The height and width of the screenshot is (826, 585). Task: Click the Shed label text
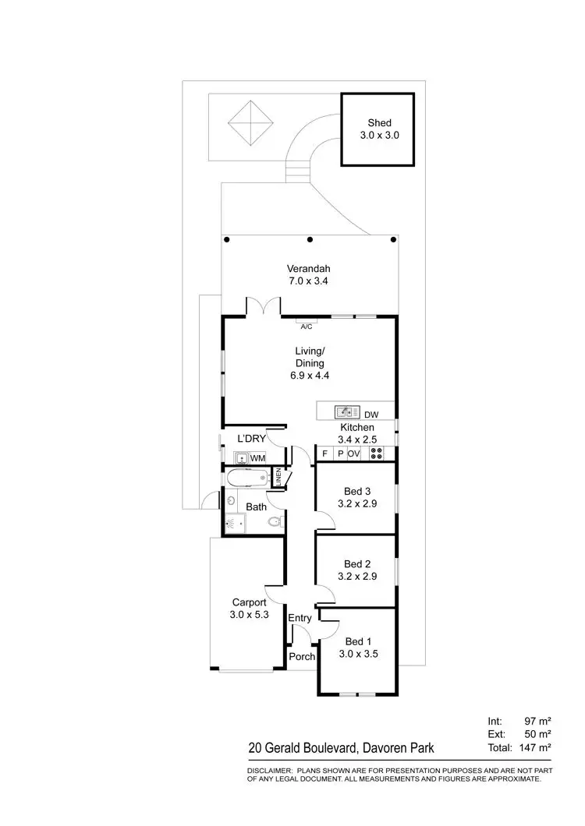pyautogui.click(x=379, y=122)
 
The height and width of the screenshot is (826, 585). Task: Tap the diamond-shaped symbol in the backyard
pyautogui.click(x=250, y=122)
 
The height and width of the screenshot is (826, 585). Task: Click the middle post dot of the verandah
pyautogui.click(x=310, y=239)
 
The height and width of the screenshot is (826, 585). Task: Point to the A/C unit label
pyautogui.click(x=306, y=327)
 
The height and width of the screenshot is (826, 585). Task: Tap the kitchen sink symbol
pyautogui.click(x=346, y=411)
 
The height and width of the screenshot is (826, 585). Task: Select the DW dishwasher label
pyautogui.click(x=371, y=415)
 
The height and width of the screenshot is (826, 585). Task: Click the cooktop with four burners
pyautogui.click(x=377, y=454)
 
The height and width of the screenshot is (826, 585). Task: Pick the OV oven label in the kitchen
pyautogui.click(x=353, y=454)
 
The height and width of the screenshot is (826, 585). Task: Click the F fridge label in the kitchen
pyautogui.click(x=324, y=454)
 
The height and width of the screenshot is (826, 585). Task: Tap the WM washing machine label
pyautogui.click(x=257, y=458)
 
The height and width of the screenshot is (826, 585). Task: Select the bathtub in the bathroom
pyautogui.click(x=247, y=478)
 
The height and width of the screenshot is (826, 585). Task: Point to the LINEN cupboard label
pyautogui.click(x=278, y=478)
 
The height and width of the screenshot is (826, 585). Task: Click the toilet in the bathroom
pyautogui.click(x=273, y=522)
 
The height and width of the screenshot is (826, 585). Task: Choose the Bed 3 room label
pyautogui.click(x=357, y=491)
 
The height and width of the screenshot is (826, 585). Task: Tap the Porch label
pyautogui.click(x=302, y=656)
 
